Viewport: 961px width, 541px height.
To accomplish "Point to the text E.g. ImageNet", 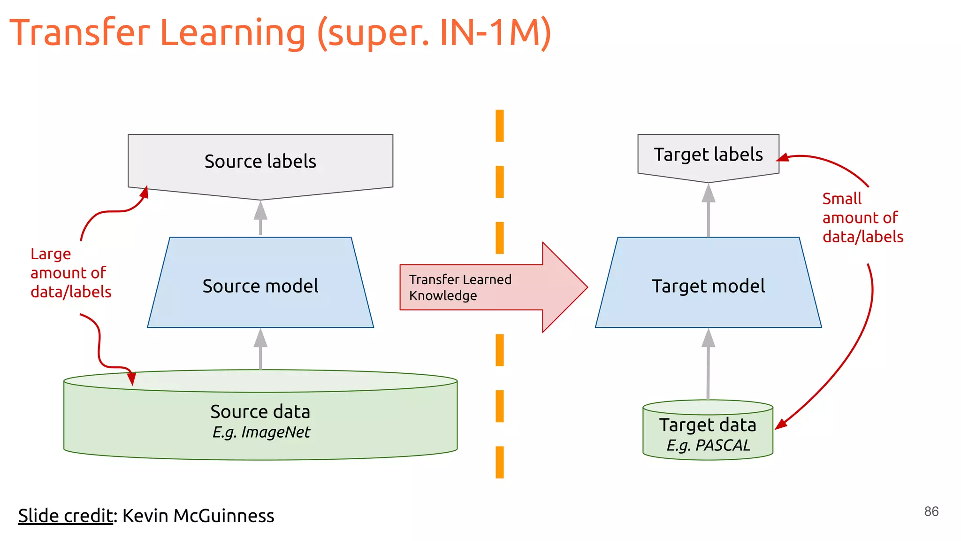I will coord(261,432).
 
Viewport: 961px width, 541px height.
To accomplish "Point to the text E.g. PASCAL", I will coord(708,445).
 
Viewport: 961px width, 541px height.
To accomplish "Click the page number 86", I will coord(931,511).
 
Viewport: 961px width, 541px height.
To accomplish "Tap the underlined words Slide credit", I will coord(65,516).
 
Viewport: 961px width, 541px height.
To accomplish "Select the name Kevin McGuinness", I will coord(198,516).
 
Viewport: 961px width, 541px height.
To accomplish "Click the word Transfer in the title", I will coord(80,33).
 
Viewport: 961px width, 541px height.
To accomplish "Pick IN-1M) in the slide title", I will coord(495,33).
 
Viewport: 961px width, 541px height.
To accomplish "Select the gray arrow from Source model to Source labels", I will coord(260,217).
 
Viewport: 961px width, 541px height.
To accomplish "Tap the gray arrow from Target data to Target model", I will coord(708,364).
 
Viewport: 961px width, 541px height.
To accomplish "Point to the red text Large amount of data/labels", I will coord(70,273).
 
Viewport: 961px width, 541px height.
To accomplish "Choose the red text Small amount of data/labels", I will coord(862,218).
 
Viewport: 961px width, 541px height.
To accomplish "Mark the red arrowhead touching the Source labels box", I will coord(145,193).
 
